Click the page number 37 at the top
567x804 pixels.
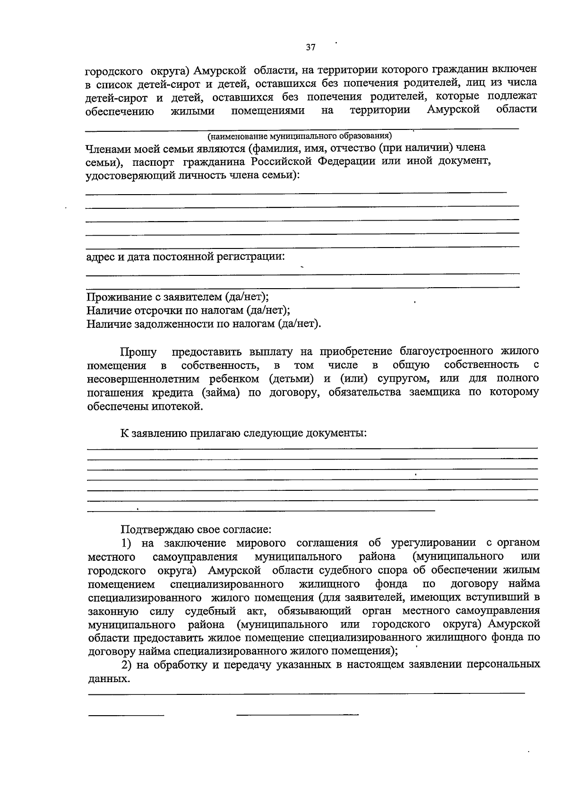pos(310,47)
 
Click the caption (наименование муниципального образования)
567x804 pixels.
pos(300,137)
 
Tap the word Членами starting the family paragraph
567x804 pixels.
pos(107,148)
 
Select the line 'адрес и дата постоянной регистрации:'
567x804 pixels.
pos(186,257)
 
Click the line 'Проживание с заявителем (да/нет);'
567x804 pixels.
pos(178,297)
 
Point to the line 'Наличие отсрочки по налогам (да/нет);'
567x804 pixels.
pos(188,310)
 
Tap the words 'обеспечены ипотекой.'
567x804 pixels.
pos(145,407)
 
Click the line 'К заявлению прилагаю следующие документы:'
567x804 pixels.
pos(243,433)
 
